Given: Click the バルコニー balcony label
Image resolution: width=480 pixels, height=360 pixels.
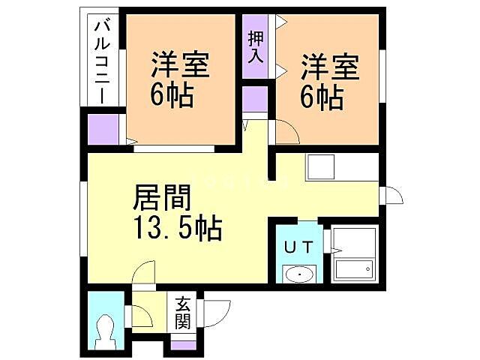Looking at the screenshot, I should [100, 62].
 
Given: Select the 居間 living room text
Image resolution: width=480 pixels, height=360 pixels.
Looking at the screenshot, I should [163, 199].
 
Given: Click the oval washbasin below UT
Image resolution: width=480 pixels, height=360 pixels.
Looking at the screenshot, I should [300, 274].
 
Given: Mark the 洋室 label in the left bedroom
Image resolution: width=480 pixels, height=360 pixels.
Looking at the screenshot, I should [180, 65].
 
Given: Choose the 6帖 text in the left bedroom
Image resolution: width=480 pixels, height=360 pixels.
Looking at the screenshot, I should [172, 96].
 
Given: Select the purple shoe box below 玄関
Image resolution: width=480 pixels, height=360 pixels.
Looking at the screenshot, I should [183, 345].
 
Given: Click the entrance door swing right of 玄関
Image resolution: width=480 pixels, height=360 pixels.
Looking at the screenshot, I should [217, 311].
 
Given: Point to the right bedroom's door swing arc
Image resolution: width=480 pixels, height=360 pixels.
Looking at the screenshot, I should [287, 133].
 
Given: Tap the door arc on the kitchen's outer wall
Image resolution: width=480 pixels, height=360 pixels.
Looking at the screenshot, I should [392, 196].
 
